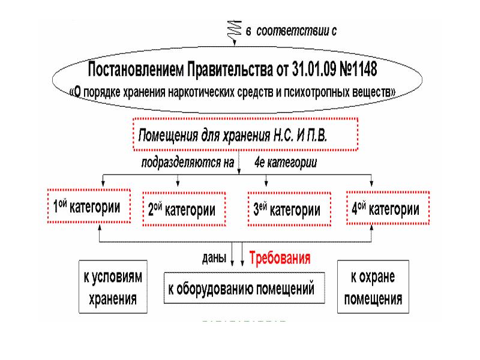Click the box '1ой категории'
pyautogui.click(x=88, y=208)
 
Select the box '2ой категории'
pyautogui.click(x=184, y=210)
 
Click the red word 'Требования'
pyautogui.click(x=280, y=259)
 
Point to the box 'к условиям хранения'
pyautogui.click(x=112, y=287)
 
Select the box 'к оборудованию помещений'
pyautogui.click(x=244, y=290)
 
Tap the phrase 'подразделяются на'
pyautogui.click(x=187, y=162)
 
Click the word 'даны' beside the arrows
pyautogui.click(x=214, y=259)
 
